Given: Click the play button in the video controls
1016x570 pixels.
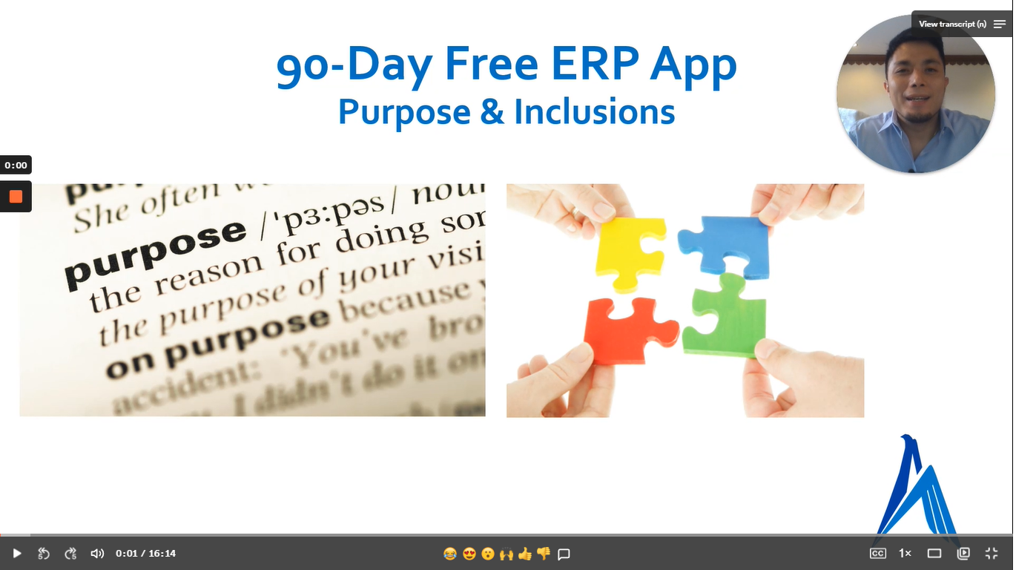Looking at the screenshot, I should coord(17,553).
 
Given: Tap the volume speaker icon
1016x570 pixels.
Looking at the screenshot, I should coord(97,553).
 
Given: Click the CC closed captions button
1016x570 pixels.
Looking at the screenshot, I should coord(877,553).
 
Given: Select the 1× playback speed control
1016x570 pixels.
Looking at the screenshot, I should coord(905,553).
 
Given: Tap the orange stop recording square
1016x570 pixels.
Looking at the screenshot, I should coord(16,197).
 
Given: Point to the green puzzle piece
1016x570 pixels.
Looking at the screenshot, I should coord(724,318).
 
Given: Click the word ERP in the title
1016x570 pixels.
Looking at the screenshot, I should coord(593,65).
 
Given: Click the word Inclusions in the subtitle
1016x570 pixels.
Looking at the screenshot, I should coord(594,112).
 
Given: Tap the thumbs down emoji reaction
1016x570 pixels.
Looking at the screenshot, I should coord(544,553).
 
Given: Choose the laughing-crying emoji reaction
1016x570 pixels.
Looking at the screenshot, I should coord(449,553).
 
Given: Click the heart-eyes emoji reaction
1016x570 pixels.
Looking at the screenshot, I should coord(469,553).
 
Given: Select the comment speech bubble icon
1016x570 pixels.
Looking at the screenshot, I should coord(564,554).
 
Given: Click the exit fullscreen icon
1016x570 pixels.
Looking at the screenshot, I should coord(992,553).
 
